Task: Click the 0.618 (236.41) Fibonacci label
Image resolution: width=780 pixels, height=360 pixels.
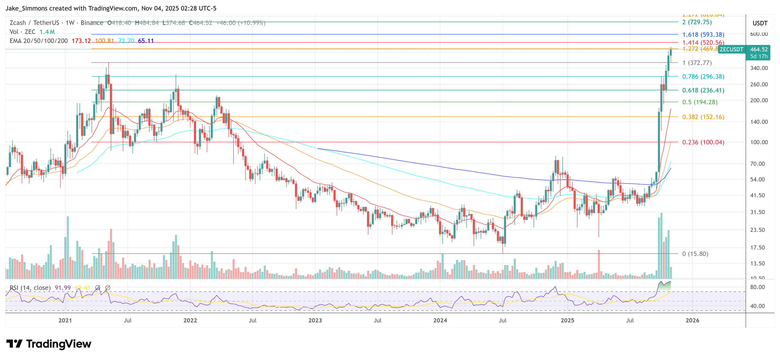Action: pos(703,90)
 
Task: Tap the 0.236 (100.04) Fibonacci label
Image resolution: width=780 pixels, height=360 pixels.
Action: pos(703,142)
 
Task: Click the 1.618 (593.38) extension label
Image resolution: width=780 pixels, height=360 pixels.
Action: pos(703,35)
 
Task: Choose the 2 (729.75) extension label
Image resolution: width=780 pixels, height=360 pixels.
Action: pos(697,22)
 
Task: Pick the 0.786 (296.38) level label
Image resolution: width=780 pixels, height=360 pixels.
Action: pos(703,77)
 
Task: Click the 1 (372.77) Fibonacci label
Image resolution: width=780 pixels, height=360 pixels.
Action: pos(697,63)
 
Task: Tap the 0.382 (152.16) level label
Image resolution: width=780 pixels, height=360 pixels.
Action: pos(703,117)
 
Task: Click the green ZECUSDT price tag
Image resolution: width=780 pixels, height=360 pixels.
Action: pos(731,49)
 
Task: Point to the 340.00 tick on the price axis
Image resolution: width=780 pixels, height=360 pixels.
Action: pos(759,68)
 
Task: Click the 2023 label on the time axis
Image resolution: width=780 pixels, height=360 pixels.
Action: pos(315,320)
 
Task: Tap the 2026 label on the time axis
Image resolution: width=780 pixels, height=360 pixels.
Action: pos(692,320)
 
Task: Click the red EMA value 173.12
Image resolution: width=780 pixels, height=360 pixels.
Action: pos(81,41)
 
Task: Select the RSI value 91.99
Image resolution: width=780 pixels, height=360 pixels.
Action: pos(62,288)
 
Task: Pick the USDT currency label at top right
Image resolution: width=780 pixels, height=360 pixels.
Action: pos(760,23)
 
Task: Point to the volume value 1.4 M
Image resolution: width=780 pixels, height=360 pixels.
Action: pos(47,32)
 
